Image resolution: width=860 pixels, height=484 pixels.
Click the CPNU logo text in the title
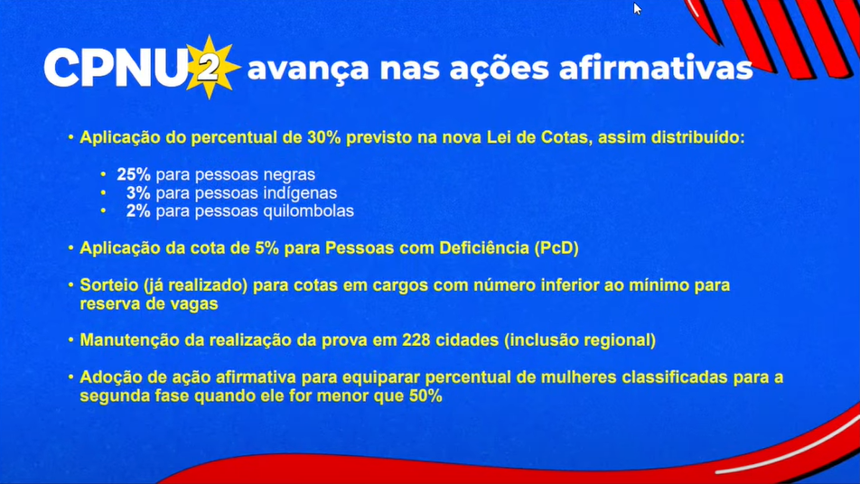pyautogui.click(x=115, y=68)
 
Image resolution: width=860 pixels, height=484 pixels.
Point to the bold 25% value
pyautogui.click(x=134, y=174)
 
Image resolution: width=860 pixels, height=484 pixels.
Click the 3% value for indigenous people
pyautogui.click(x=138, y=193)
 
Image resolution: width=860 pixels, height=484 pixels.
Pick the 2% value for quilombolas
pyautogui.click(x=138, y=211)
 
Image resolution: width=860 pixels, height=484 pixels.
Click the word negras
pyautogui.click(x=289, y=174)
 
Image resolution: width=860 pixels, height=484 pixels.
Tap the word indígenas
pyautogui.click(x=301, y=193)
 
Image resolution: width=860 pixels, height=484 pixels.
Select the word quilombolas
pyautogui.click(x=310, y=211)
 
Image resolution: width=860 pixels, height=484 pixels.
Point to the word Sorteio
pyautogui.click(x=107, y=285)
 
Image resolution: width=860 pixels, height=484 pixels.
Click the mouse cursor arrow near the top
pyautogui.click(x=637, y=9)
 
